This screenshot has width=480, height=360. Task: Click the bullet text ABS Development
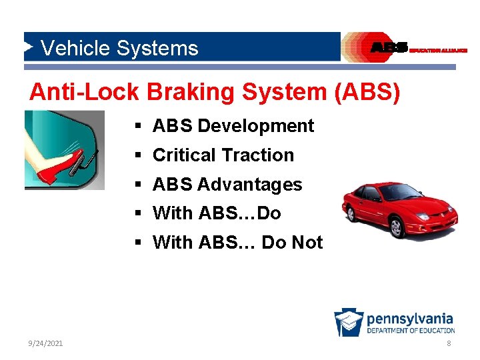[233, 126]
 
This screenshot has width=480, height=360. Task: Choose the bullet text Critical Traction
[223, 155]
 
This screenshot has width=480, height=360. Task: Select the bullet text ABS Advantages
[227, 185]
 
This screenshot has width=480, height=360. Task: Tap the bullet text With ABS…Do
[217, 213]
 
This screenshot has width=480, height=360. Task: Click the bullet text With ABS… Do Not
[237, 243]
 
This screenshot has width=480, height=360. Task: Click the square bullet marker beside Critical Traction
[136, 156]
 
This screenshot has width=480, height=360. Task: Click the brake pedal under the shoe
[85, 163]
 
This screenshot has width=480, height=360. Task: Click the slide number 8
[449, 343]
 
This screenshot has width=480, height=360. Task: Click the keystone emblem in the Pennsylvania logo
[349, 323]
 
